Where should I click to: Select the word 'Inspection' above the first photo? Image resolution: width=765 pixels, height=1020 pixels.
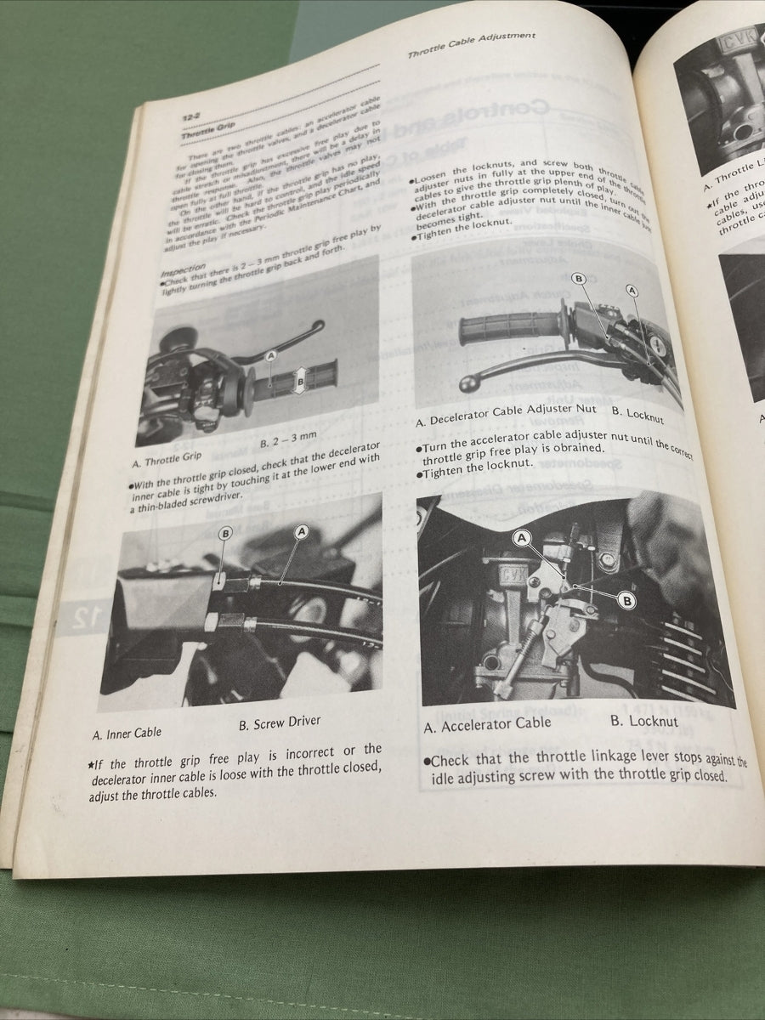coord(183,267)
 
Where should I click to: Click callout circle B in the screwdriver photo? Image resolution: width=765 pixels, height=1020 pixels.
coord(225,534)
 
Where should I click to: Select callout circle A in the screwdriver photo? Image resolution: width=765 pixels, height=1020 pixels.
coord(301,531)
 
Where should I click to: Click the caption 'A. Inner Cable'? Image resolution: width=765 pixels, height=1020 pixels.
coord(127,732)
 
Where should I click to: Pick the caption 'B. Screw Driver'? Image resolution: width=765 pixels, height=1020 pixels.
coord(280,722)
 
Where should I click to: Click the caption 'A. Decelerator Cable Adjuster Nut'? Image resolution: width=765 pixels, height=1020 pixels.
coord(506,419)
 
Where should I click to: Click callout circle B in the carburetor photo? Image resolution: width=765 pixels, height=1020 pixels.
coord(627,600)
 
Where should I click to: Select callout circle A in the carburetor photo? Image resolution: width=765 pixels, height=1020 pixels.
coord(522,537)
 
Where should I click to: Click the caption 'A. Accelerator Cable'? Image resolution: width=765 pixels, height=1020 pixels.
coord(487,724)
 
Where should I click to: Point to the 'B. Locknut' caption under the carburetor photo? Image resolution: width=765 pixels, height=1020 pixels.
coord(644,721)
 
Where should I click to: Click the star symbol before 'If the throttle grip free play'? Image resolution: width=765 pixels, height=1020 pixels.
coord(91,764)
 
